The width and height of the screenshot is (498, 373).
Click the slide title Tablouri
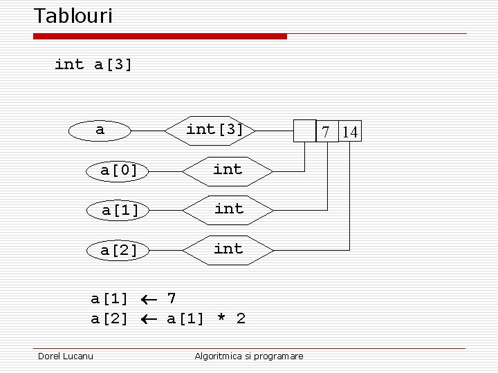tap(73, 16)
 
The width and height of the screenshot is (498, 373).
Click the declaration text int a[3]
tap(93, 65)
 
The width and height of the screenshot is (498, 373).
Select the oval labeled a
tap(100, 130)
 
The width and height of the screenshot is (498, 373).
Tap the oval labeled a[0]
tap(118, 170)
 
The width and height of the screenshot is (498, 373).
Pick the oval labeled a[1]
tap(120, 209)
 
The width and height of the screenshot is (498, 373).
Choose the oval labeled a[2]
tap(118, 250)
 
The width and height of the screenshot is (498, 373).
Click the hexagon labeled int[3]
tap(214, 130)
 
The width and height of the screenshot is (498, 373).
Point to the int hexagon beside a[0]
tap(228, 170)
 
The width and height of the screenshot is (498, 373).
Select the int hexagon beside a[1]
tap(228, 209)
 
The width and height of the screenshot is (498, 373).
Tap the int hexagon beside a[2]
tap(228, 249)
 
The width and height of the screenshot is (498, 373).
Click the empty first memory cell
tap(304, 131)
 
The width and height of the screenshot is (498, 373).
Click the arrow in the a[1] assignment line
tap(148, 299)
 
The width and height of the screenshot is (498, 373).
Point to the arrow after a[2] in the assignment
tap(148, 319)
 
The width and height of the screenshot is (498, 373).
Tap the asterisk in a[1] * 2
tap(221, 319)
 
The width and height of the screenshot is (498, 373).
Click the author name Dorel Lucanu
tap(66, 356)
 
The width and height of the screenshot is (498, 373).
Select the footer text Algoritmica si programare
tap(249, 356)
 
